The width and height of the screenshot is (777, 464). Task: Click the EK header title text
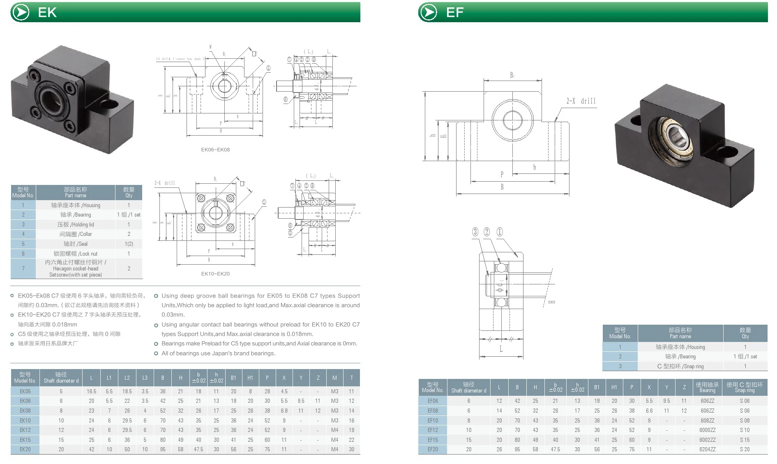point(47,12)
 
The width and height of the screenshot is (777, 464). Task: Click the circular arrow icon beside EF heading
point(429,12)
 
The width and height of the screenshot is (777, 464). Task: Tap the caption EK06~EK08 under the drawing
point(215,150)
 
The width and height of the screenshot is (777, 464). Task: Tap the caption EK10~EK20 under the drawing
point(215,274)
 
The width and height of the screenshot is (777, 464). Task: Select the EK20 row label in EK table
point(25,449)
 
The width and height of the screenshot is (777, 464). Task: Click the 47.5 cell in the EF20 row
point(555,449)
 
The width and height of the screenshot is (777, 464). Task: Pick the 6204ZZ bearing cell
point(707,449)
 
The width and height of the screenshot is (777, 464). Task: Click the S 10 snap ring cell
point(745,430)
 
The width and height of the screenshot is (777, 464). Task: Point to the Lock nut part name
point(76,254)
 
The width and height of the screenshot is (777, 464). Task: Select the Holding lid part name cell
point(76,224)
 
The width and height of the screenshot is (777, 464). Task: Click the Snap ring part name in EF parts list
point(680,366)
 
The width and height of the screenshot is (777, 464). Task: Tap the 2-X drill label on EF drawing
point(581,101)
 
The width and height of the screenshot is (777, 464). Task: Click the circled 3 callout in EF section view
point(475,232)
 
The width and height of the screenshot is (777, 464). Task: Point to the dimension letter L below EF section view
point(501,349)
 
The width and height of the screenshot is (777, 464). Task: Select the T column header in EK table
point(351,378)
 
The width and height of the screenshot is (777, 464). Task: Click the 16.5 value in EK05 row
point(91,391)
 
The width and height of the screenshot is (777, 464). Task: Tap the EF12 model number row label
point(433,430)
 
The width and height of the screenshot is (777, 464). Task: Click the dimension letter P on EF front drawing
point(502,174)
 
